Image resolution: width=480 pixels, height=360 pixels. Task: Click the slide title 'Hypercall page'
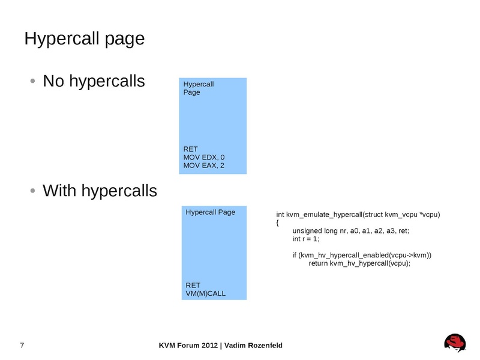coord(84,39)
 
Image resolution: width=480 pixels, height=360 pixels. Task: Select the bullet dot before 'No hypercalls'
coord(34,81)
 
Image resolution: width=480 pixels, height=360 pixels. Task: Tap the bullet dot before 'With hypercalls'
coord(34,191)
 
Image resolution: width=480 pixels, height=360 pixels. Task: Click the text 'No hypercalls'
coord(94,81)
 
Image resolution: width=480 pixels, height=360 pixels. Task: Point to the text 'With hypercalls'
coord(100,191)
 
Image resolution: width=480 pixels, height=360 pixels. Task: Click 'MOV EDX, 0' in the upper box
coord(203,157)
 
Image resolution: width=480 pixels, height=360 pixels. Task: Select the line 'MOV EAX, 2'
coord(203,166)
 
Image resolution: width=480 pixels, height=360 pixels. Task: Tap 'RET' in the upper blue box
coord(191,149)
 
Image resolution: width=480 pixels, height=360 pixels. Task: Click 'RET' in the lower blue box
coord(193,285)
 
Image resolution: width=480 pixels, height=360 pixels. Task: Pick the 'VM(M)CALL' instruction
coord(206,294)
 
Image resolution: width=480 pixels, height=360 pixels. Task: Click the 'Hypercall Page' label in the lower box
coord(210,212)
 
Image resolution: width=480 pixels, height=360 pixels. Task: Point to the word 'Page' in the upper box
coord(191,92)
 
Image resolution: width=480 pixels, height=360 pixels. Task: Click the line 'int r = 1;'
coord(305,239)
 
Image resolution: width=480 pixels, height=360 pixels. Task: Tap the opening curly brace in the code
coord(278,223)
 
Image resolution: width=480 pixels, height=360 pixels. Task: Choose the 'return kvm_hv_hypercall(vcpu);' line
coord(359,263)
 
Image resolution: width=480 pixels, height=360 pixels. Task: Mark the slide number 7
coord(22,346)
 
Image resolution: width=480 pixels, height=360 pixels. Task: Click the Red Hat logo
coord(455,343)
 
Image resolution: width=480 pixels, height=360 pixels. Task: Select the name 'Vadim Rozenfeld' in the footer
coord(254,346)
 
